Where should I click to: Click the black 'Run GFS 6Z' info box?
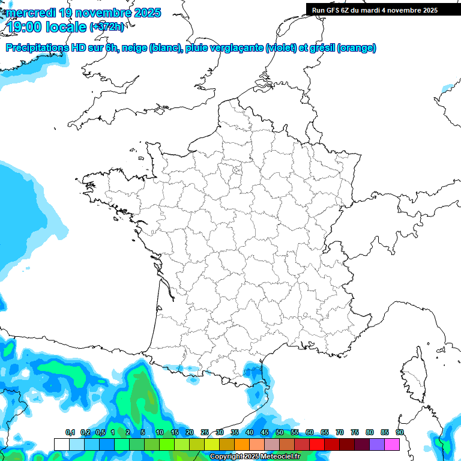375,10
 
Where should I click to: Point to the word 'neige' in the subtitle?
134,48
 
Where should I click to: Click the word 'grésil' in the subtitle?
321,48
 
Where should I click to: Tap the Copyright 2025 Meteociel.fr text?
255,457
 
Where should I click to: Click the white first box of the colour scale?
61,444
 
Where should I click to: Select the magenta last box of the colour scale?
392,444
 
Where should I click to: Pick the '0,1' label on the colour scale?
70,433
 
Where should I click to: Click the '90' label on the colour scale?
399,433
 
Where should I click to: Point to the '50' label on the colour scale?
280,433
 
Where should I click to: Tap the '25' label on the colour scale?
205,433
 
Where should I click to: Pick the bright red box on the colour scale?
317,444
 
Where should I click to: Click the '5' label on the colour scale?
143,433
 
